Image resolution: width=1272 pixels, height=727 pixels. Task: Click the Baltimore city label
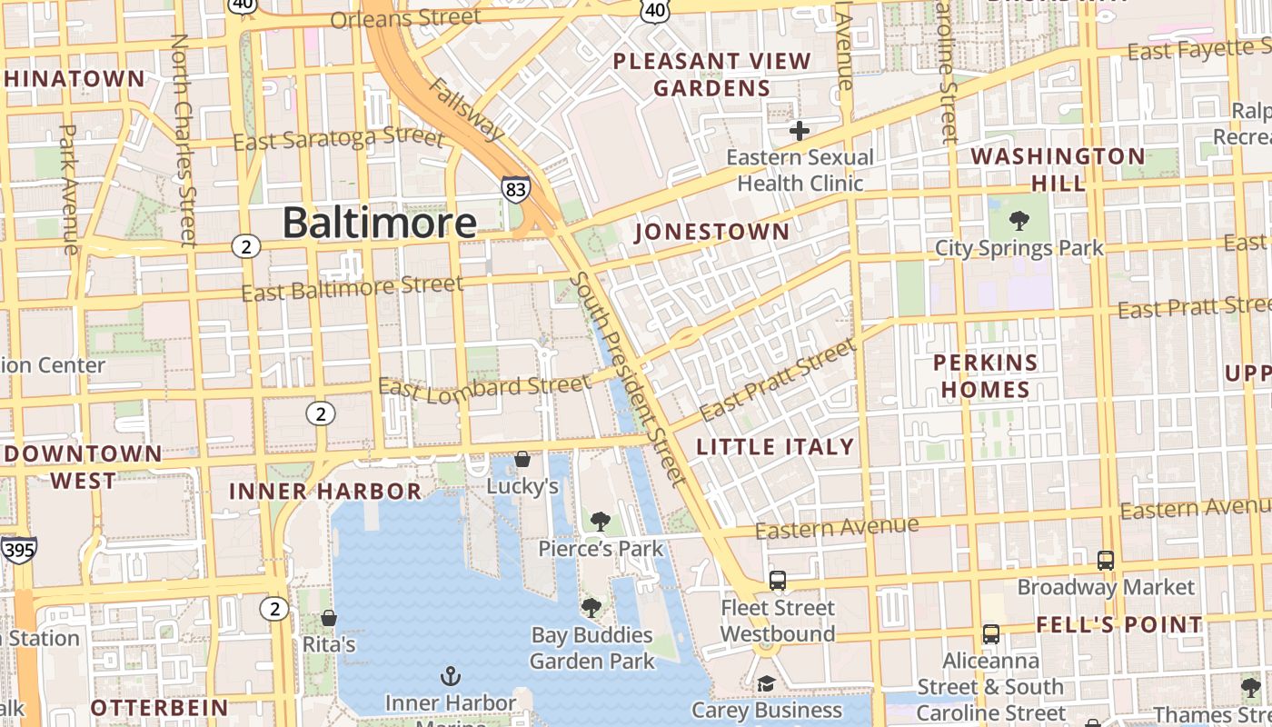tap(379, 223)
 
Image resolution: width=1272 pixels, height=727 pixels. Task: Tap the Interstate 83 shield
tap(515, 188)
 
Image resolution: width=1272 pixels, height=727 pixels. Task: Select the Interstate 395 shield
tap(18, 549)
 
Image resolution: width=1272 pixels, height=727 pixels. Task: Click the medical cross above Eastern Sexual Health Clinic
tap(799, 131)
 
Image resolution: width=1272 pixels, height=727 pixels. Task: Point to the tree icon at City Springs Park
tap(1019, 221)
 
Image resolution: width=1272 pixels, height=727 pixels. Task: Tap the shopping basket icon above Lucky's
tap(522, 459)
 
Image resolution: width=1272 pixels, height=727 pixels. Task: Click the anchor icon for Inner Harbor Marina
tap(450, 675)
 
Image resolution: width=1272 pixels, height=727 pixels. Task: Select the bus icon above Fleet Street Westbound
tap(778, 580)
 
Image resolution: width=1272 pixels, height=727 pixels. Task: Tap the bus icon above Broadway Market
tap(1105, 560)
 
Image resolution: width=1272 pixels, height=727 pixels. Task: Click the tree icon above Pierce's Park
tap(600, 522)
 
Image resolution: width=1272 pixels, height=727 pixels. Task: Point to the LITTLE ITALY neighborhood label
tap(775, 446)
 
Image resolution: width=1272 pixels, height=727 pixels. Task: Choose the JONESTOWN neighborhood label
tap(712, 232)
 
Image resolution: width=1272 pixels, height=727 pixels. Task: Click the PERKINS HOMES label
tap(986, 376)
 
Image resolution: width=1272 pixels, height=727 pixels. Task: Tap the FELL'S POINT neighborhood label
tap(1119, 624)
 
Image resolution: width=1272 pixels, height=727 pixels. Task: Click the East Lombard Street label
tap(484, 387)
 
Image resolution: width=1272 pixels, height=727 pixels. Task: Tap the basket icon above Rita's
tap(329, 618)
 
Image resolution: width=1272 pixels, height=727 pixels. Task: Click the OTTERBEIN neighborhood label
tap(159, 707)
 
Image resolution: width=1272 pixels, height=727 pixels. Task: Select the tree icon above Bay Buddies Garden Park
tap(591, 607)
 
